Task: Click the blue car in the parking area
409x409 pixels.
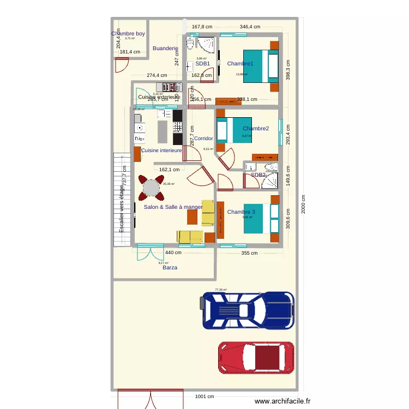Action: [x=248, y=310]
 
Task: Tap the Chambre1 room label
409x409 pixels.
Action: [x=240, y=64]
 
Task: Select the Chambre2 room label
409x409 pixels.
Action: [x=256, y=129]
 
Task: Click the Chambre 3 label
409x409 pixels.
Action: [x=241, y=212]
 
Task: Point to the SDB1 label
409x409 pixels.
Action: [x=203, y=64]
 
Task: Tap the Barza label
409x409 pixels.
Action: [x=170, y=268]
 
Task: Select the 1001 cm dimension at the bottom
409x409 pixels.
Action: [x=204, y=396]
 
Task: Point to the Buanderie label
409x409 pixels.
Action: [x=165, y=49]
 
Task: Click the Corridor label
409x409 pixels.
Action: [x=203, y=139]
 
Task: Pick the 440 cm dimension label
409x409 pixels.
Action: [x=173, y=252]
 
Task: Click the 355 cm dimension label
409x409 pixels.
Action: [x=249, y=252]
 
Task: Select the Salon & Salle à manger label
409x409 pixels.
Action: [x=173, y=207]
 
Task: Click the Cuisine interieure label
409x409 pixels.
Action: [x=161, y=150]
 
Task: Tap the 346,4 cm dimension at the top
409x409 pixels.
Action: [x=250, y=26]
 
